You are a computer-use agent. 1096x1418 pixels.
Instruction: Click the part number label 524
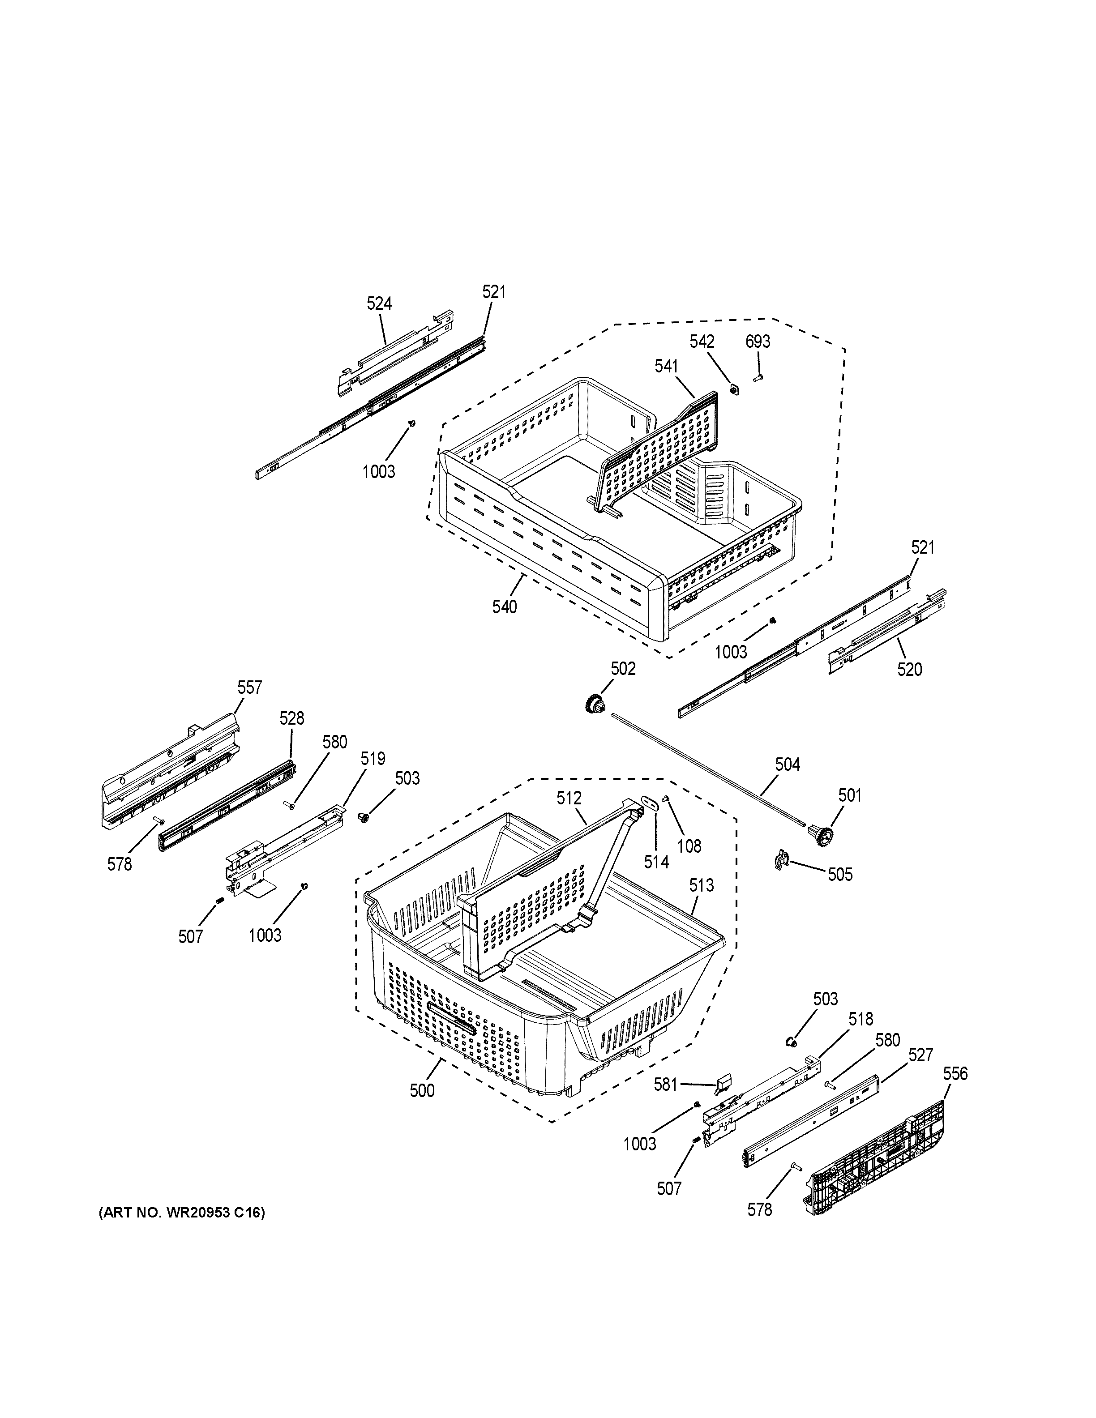pyautogui.click(x=379, y=303)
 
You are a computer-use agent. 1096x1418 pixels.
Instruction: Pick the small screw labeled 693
pyautogui.click(x=757, y=376)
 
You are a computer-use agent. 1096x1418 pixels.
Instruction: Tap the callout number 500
pyautogui.click(x=422, y=1091)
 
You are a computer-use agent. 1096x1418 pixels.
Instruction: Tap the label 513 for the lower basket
pyautogui.click(x=701, y=885)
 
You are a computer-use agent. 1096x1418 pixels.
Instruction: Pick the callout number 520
pyautogui.click(x=909, y=670)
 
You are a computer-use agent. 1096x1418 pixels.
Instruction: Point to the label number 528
pyautogui.click(x=291, y=718)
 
